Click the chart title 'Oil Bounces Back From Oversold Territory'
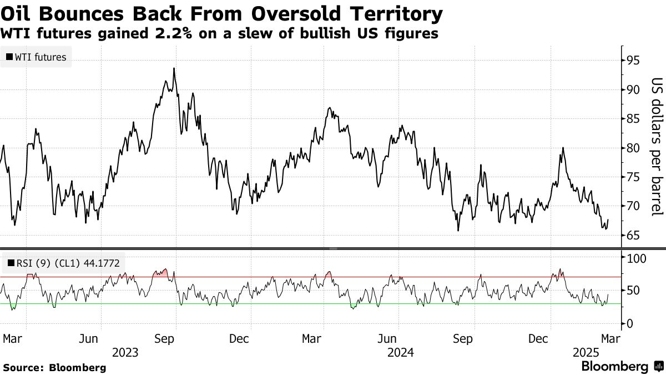click(222, 13)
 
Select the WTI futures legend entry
click(36, 57)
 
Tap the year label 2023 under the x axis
click(125, 353)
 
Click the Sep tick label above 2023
click(165, 338)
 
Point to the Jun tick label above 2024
click(387, 338)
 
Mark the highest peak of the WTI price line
click(174, 68)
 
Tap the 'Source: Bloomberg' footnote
click(54, 368)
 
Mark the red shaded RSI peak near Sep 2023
click(162, 273)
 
